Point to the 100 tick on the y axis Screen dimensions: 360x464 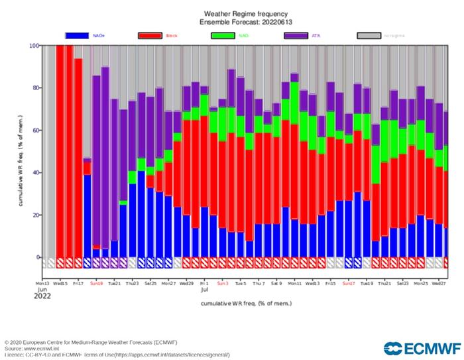(x=33, y=46)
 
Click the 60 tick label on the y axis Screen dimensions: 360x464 (x=34, y=131)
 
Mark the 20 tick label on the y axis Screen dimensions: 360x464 (x=34, y=215)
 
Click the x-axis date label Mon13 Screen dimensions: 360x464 (x=42, y=282)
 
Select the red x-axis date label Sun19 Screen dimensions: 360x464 (x=96, y=282)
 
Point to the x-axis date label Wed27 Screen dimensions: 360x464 (x=438, y=282)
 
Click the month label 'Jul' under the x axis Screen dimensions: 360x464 (x=205, y=290)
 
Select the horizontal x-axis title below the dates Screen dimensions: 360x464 (x=245, y=303)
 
